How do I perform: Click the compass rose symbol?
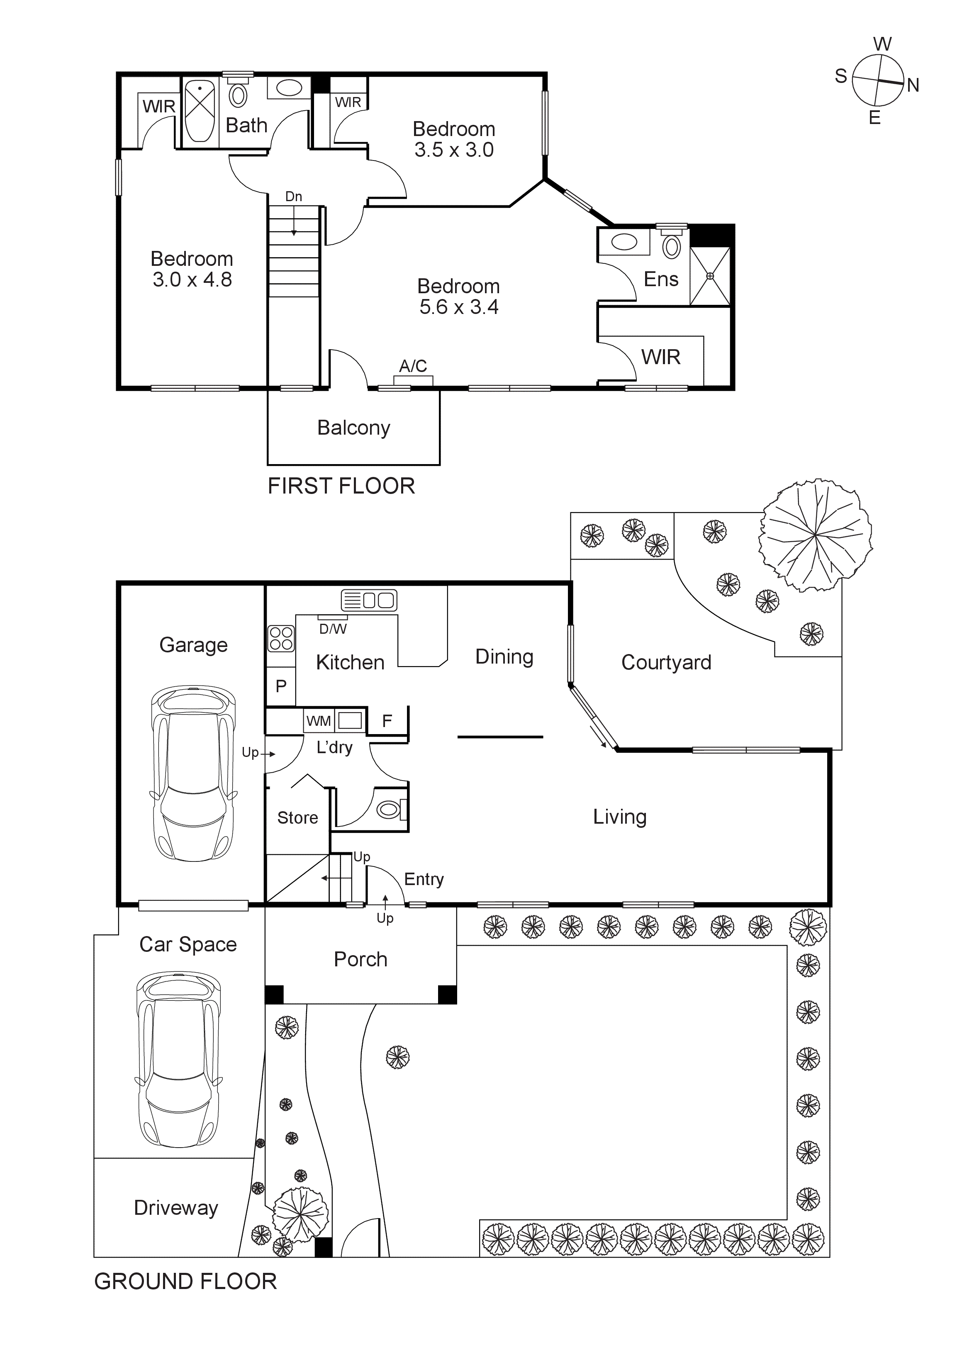click(x=878, y=81)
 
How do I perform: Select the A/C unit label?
click(x=413, y=365)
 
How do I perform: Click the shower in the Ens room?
click(x=710, y=276)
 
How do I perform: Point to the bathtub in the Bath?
click(x=200, y=111)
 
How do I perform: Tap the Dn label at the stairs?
click(x=294, y=197)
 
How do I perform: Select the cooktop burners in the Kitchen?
click(x=280, y=638)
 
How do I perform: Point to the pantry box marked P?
click(x=281, y=686)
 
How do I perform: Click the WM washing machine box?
click(x=319, y=721)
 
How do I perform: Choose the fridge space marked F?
click(x=387, y=721)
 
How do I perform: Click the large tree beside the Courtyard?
click(x=815, y=535)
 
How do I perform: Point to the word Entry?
click(x=424, y=879)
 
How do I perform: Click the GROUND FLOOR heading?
click(x=185, y=1281)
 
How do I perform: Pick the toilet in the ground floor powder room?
click(x=390, y=808)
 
